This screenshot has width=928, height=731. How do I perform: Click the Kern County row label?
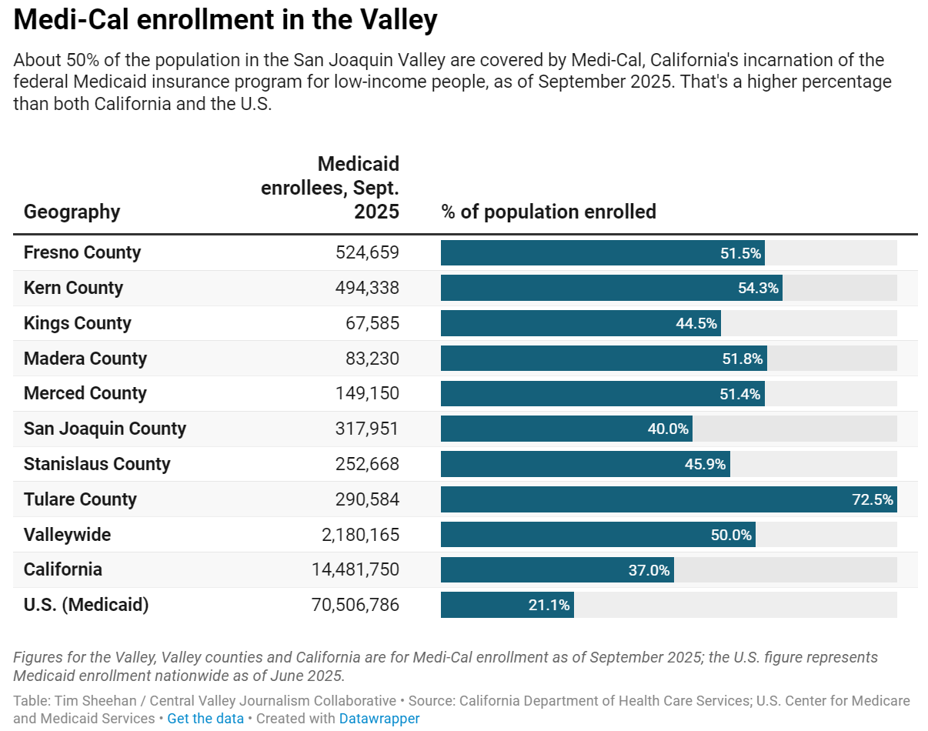pyautogui.click(x=73, y=288)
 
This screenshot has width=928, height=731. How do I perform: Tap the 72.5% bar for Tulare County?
pyautogui.click(x=668, y=499)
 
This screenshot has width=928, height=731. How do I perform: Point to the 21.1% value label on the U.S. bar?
pyautogui.click(x=549, y=606)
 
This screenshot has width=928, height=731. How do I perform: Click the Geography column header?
pyautogui.click(x=72, y=212)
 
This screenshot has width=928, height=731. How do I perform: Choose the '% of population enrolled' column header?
pyautogui.click(x=548, y=212)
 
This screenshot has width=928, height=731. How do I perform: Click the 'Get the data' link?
pyautogui.click(x=205, y=718)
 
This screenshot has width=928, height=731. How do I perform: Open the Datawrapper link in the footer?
pyautogui.click(x=379, y=718)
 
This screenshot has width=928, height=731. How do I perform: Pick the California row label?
pyautogui.click(x=62, y=569)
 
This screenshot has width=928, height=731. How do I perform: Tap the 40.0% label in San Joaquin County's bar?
pyautogui.click(x=667, y=429)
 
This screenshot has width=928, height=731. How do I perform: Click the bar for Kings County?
pyautogui.click(x=580, y=323)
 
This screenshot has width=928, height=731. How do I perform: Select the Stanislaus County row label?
pyautogui.click(x=97, y=464)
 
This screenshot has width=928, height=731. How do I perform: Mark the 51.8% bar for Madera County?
pyautogui.click(x=603, y=359)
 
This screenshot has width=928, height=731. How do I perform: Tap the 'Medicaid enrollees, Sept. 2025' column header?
pyautogui.click(x=331, y=188)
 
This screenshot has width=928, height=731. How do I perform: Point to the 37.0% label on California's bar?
pyautogui.click(x=649, y=570)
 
